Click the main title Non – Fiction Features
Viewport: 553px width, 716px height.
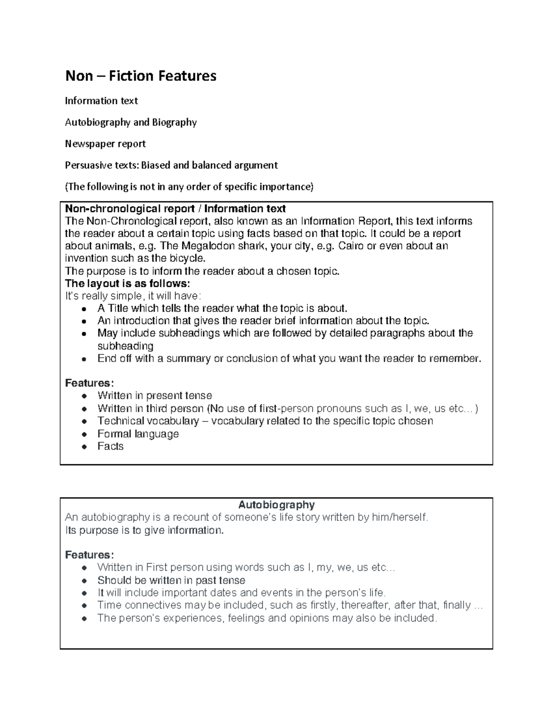click(x=141, y=76)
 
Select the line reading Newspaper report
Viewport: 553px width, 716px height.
click(x=105, y=144)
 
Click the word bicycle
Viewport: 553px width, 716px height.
click(x=186, y=258)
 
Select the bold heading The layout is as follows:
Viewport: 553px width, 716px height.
click(x=127, y=283)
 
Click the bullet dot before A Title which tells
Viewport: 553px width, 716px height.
click(x=83, y=309)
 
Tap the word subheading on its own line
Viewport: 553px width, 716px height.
click(x=125, y=346)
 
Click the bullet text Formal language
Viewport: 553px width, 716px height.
click(x=138, y=434)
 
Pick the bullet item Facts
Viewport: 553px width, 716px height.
click(x=111, y=446)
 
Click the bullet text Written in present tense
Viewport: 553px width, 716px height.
click(x=154, y=396)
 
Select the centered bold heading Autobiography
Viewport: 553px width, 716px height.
click(x=276, y=504)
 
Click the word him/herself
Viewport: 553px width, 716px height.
click(x=399, y=517)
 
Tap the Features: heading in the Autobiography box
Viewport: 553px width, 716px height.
click(x=89, y=555)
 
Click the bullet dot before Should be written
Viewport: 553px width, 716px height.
click(x=83, y=581)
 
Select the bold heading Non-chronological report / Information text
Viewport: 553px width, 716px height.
click(x=175, y=209)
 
